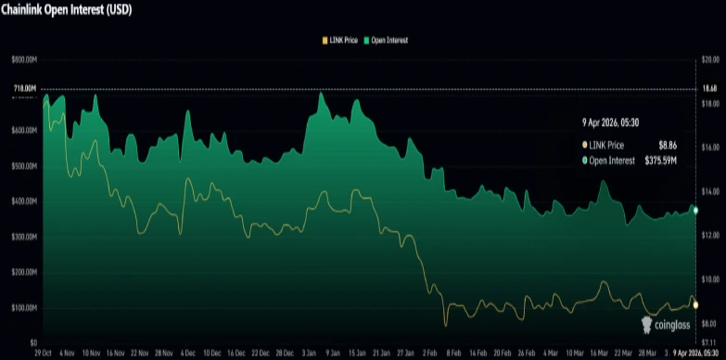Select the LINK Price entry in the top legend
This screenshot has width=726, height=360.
coord(341,41)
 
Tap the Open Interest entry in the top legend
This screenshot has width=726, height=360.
coord(388,41)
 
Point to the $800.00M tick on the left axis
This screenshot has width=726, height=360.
coord(22,59)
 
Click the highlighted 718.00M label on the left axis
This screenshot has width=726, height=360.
coord(24,89)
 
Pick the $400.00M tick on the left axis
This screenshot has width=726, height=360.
coord(22,201)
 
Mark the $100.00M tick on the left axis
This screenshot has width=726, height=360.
coord(22,307)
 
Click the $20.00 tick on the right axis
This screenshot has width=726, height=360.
coord(711,59)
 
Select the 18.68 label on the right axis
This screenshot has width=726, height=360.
coord(710,89)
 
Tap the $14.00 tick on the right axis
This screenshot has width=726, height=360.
coord(711,191)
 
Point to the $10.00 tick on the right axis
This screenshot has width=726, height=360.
coord(711,279)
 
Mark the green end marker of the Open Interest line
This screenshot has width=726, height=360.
coord(694,211)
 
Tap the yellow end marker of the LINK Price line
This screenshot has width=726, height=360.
coord(694,304)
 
